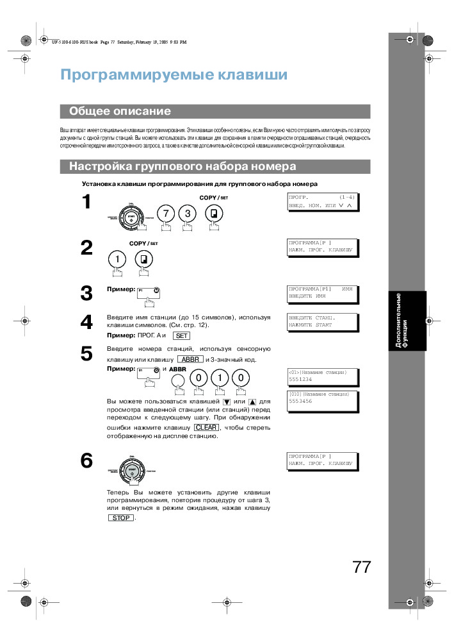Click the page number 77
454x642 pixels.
(361, 568)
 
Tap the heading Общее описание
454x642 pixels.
(120, 112)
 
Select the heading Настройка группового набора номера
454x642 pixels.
(182, 167)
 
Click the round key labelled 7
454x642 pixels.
(166, 214)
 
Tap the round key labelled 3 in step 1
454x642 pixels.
(188, 214)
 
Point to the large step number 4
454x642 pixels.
(86, 322)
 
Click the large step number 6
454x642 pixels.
(86, 460)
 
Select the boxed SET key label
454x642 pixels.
(181, 335)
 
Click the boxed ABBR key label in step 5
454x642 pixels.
(190, 360)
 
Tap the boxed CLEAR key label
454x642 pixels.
(206, 427)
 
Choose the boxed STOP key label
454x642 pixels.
(120, 518)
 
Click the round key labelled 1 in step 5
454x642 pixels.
(219, 378)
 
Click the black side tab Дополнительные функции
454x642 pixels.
(402, 321)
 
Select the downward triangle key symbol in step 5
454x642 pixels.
(227, 401)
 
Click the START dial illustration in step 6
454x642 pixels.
(133, 471)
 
